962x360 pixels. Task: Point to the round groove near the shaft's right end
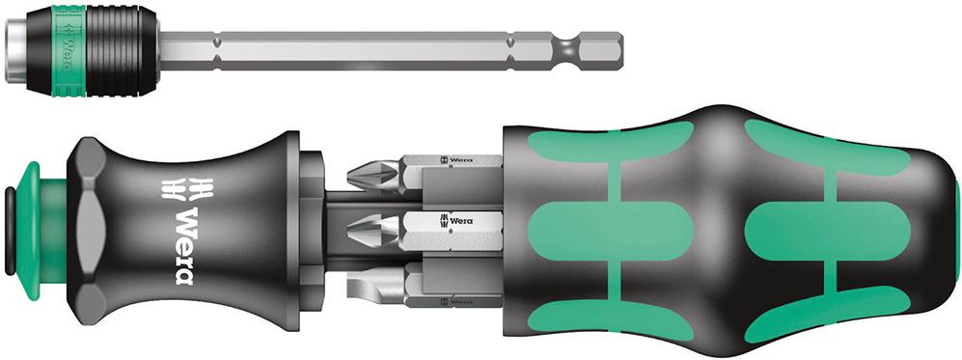565,46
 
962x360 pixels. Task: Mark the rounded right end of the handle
950,232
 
